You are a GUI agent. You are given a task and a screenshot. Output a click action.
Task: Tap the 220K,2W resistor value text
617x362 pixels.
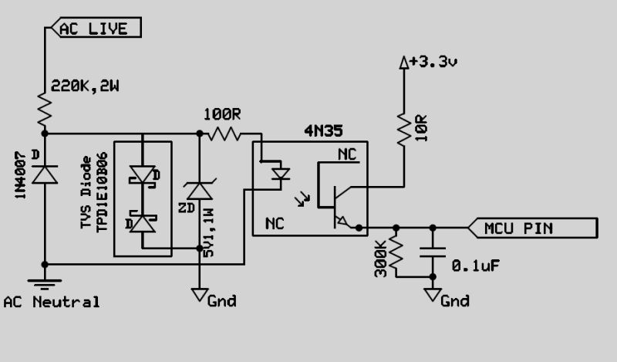click(x=85, y=88)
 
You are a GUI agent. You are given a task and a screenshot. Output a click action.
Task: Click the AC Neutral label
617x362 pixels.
click(x=52, y=302)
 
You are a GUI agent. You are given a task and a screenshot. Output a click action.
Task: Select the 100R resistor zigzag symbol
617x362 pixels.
click(x=226, y=134)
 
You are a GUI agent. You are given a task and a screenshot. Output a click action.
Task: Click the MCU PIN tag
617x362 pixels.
click(x=533, y=228)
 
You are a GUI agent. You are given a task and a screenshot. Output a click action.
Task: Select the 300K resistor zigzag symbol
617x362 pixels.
click(x=396, y=255)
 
